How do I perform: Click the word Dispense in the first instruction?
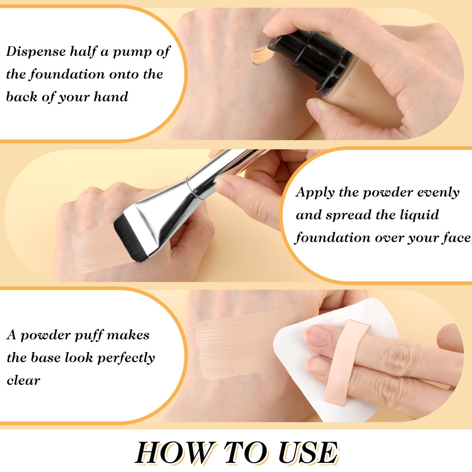pyautogui.click(x=36, y=52)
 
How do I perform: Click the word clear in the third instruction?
pyautogui.click(x=23, y=381)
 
